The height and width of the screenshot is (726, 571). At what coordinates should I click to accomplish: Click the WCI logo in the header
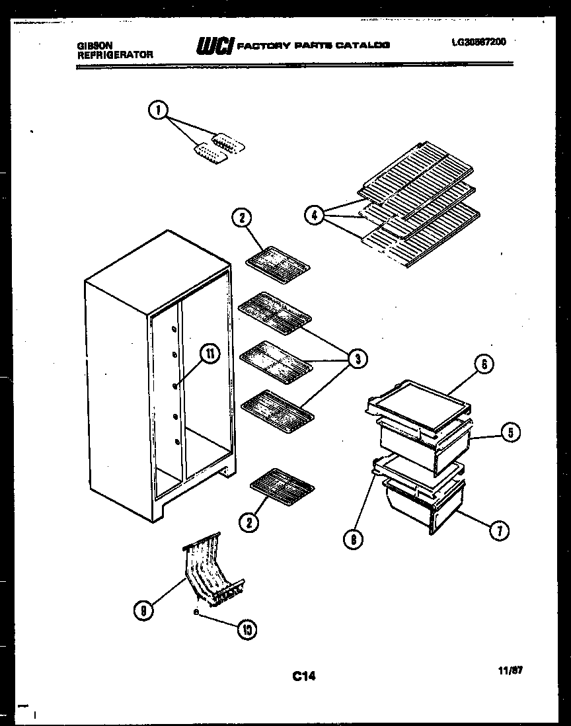[214, 46]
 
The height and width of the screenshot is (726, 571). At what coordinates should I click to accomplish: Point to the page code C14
[304, 676]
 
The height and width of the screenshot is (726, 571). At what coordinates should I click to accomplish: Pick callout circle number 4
[315, 214]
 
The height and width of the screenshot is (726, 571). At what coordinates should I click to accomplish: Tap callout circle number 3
[357, 359]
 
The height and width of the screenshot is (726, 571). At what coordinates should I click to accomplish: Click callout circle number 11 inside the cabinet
[209, 354]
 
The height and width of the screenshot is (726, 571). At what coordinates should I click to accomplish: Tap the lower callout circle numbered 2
[249, 523]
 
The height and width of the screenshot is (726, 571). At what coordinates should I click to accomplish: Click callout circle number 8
[354, 539]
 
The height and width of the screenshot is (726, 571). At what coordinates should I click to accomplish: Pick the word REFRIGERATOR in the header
[115, 55]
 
